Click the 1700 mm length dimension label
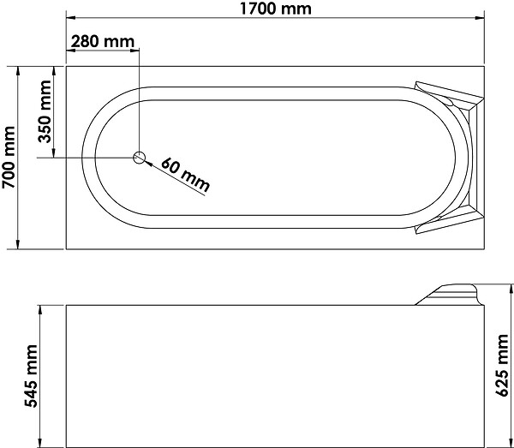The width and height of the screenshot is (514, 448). pos(275,9)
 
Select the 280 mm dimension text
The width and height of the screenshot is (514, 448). pos(103,42)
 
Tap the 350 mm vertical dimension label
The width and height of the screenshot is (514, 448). pos(45,111)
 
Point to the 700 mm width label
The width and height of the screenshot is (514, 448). pos(9,158)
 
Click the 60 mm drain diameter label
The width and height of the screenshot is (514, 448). pos(185,175)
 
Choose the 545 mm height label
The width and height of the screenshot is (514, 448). pos(32,376)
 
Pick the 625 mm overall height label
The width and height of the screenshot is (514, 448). pos(501,366)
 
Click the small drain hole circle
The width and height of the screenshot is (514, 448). pos(139,158)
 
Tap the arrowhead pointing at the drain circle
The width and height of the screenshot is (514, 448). pos(148,163)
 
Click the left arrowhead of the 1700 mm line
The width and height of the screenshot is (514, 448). pos(71,18)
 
